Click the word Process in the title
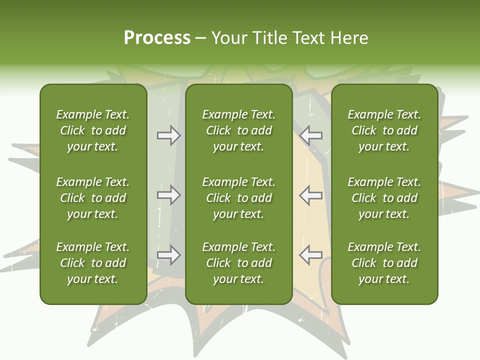coord(157,38)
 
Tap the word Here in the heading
coord(348,38)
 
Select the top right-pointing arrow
coord(168,135)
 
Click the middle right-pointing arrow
coord(168,195)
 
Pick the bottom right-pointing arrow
coord(168,255)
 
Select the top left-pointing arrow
coord(311,135)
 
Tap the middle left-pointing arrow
coord(311,195)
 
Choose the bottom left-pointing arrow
coord(311,255)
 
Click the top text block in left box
coord(93,130)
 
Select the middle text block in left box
coord(93,198)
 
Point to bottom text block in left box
coord(93,263)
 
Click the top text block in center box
coord(239,130)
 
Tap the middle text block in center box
coord(239,198)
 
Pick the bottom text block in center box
coord(239,263)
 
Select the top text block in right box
coord(384,130)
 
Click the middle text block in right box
coord(384,198)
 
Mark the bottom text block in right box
coord(384,263)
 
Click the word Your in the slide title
coord(229,38)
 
